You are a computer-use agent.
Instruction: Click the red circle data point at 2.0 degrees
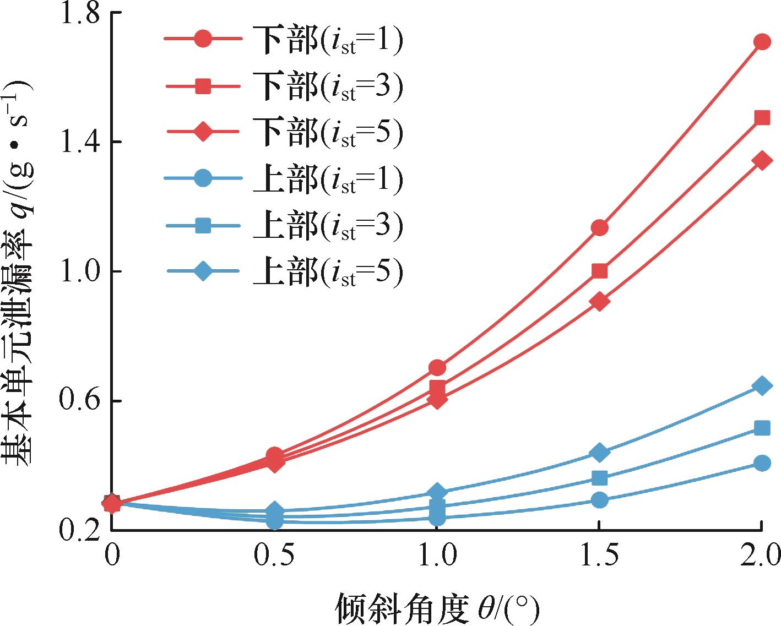click(x=762, y=42)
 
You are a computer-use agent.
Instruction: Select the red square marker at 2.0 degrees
click(x=762, y=118)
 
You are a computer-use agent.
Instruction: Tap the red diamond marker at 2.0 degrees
click(x=762, y=161)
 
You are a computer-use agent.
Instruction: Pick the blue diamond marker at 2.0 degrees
click(x=762, y=385)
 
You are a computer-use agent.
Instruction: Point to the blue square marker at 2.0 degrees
click(x=762, y=428)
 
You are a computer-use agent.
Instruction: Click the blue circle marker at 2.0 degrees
click(x=762, y=462)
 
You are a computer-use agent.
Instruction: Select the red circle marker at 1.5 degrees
click(x=600, y=227)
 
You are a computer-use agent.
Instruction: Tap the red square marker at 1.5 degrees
click(x=600, y=271)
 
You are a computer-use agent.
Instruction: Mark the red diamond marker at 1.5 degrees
click(x=600, y=302)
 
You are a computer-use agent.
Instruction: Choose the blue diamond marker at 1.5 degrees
click(x=600, y=453)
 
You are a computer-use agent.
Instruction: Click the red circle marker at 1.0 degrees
click(x=437, y=368)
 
